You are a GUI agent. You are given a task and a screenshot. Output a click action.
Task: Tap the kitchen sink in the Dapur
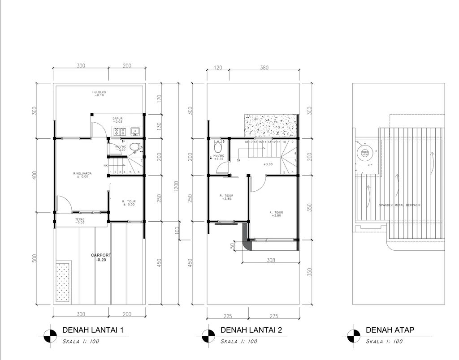(135, 132)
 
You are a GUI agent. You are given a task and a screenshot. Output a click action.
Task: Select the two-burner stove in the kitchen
(120, 132)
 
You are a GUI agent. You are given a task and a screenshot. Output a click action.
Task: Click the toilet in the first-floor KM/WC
(134, 146)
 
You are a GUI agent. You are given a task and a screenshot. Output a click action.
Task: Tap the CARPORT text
(101, 255)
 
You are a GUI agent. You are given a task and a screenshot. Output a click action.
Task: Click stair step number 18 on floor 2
(246, 142)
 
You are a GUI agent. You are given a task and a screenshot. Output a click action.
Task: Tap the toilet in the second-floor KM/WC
(218, 146)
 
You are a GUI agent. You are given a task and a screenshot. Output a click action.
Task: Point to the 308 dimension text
(270, 260)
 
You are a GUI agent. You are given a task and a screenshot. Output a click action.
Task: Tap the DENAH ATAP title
(390, 330)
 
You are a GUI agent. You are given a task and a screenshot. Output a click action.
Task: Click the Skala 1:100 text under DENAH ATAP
(384, 342)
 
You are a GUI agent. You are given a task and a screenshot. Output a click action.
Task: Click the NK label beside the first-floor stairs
(105, 166)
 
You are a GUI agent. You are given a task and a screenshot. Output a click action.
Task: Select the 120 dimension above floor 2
(218, 68)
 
